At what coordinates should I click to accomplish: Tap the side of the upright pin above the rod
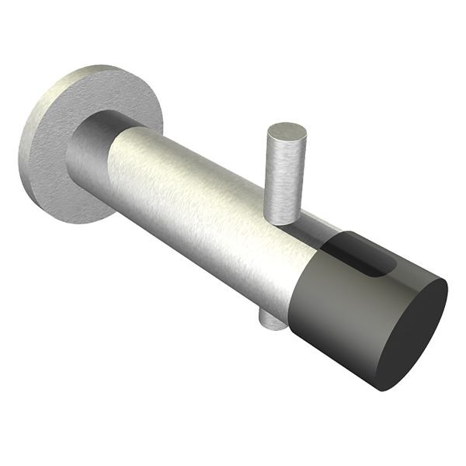(283, 179)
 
